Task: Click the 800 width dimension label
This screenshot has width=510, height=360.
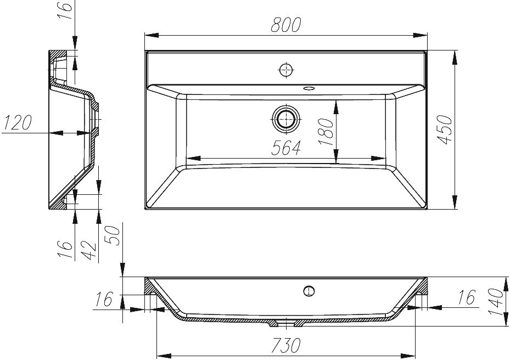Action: [x=285, y=25]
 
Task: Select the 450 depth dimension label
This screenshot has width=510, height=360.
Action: [x=444, y=130]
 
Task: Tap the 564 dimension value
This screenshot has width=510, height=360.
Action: [x=286, y=148]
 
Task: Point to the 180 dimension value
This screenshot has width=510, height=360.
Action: [x=326, y=132]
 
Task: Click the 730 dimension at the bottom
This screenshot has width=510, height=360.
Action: [x=286, y=345]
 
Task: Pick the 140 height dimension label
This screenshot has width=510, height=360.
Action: [x=497, y=302]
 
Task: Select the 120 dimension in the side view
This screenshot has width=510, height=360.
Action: [x=17, y=122]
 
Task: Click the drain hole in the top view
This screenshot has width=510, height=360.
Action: [x=285, y=119]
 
